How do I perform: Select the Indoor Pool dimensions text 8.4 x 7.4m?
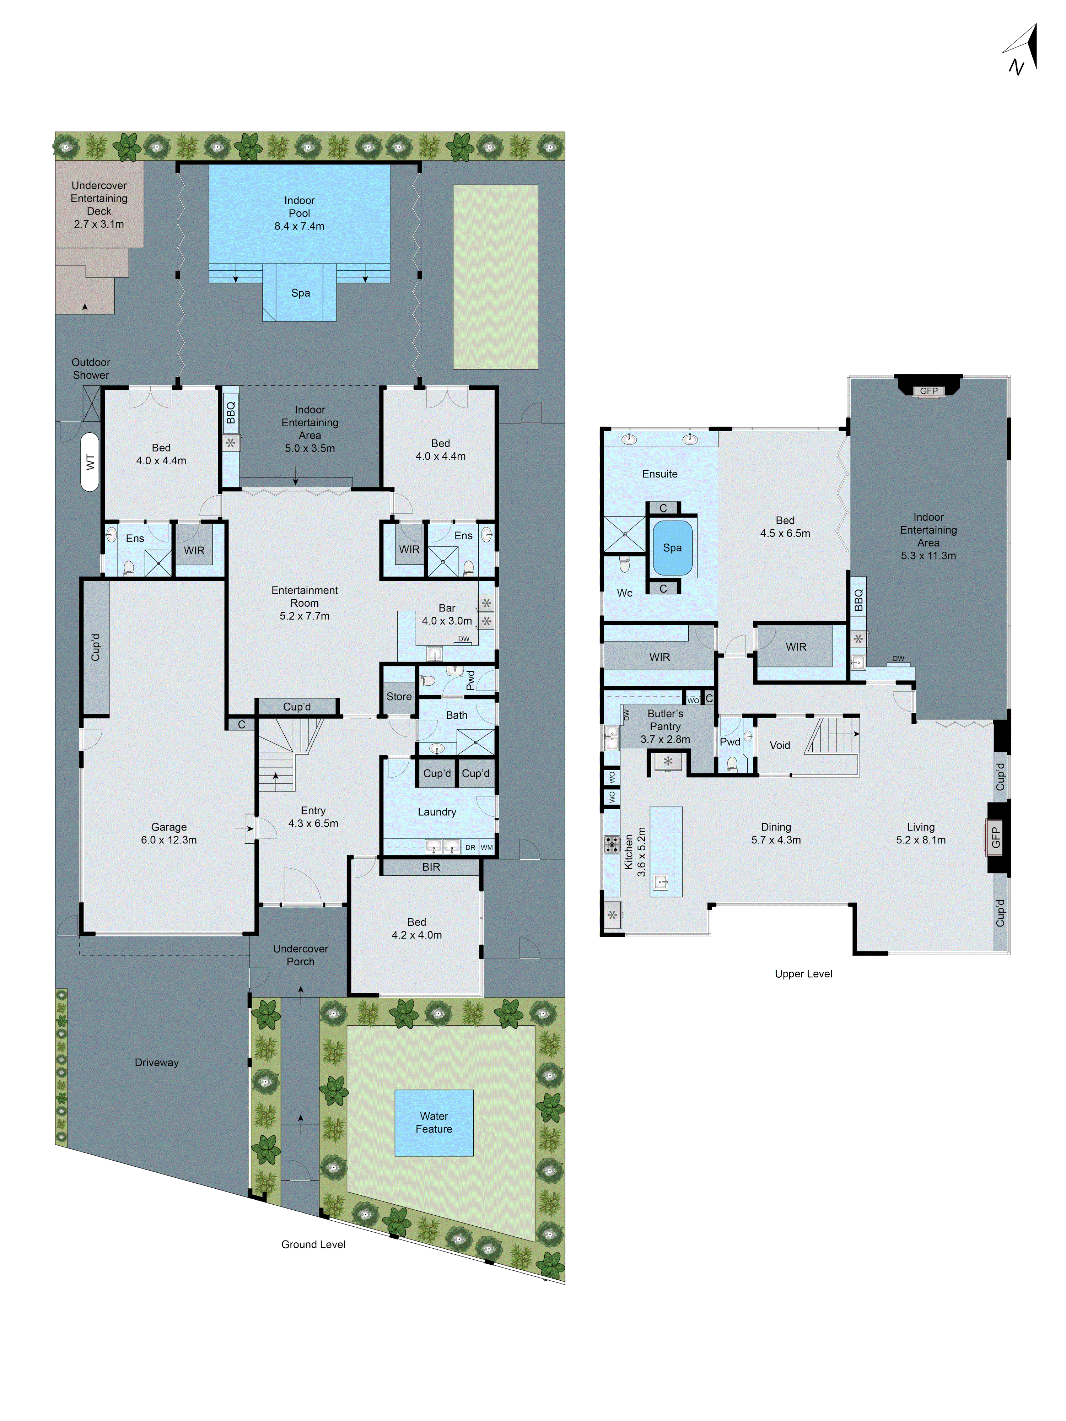(300, 226)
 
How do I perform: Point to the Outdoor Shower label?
(91, 369)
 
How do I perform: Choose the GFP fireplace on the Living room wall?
(995, 837)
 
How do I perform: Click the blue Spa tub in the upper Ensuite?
(672, 547)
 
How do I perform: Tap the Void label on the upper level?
(779, 745)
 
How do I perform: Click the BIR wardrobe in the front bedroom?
(431, 867)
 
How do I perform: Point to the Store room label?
(398, 696)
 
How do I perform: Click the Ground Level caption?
(313, 1244)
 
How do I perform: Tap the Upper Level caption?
(803, 974)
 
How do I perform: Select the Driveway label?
(157, 1063)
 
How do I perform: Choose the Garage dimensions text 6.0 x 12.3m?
(169, 839)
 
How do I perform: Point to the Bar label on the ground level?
(447, 608)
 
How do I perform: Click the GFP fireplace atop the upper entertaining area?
(928, 390)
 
